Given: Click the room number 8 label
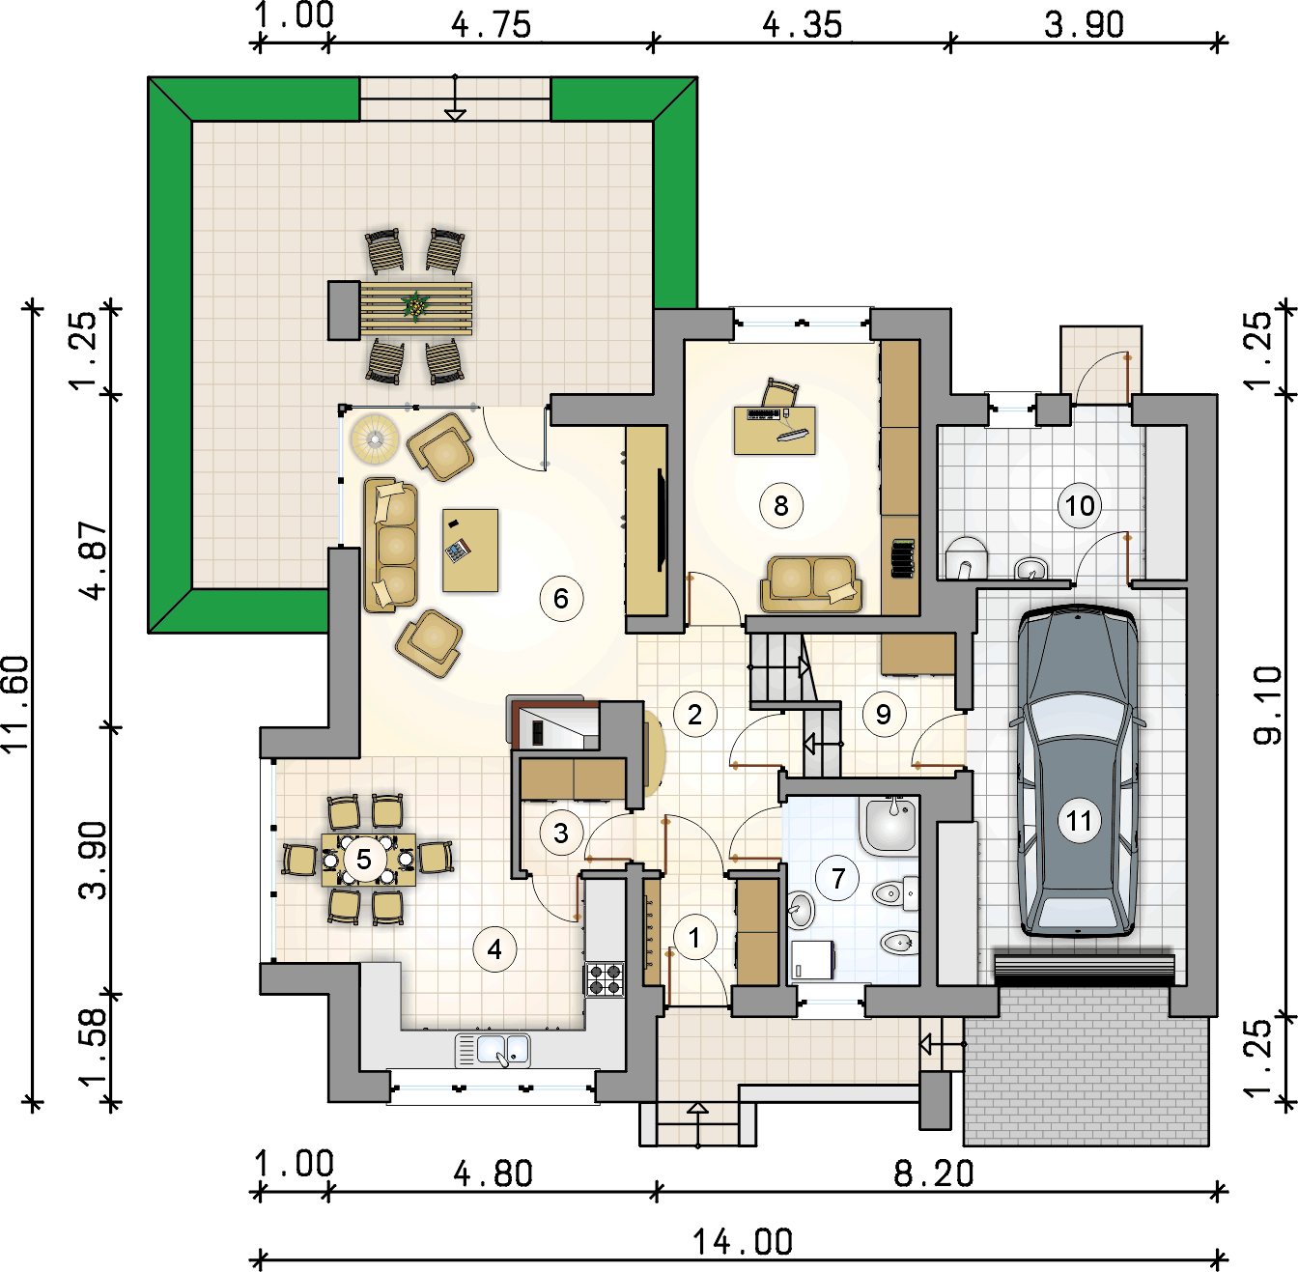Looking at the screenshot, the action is coord(780,505).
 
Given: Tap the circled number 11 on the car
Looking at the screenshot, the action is coord(1079,821).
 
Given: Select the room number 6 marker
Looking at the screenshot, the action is coord(561,598).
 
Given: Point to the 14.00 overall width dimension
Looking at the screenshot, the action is coord(743,1242).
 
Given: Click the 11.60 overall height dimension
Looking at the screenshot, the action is coord(16,703).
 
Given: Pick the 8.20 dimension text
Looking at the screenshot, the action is coord(934,1173).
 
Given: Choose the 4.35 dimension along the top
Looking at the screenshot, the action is coord(802,24).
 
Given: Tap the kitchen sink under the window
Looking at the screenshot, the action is coord(494,1051).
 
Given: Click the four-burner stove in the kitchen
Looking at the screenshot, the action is coord(605,979).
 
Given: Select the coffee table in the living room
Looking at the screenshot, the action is coord(470,550).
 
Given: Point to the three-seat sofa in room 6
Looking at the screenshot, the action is coord(391,545).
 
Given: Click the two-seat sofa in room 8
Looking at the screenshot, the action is coord(811,583).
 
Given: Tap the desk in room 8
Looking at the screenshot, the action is coord(775,430).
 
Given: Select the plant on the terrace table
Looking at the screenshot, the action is coord(415,305).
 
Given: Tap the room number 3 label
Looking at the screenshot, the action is coord(561,834).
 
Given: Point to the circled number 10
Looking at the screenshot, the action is coord(1079,505).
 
